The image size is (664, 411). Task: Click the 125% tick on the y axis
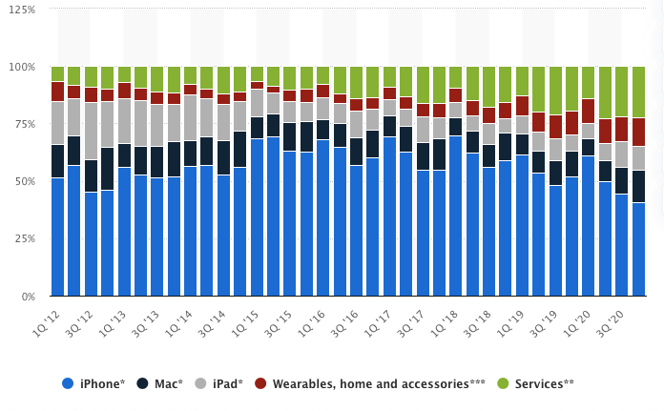coord(20,10)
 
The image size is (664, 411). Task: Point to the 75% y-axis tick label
coord(23,124)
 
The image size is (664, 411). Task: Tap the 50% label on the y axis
coord(23,181)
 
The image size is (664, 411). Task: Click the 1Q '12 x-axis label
coord(50,320)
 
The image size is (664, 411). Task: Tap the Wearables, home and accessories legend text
coord(378,383)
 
